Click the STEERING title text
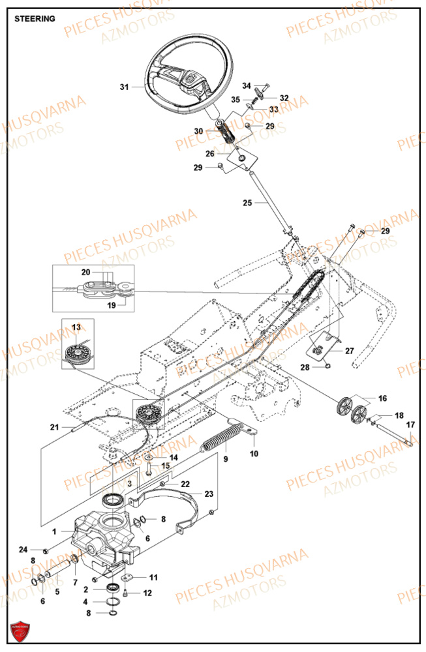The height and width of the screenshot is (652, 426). click(35, 19)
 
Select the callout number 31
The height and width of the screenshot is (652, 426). click(125, 86)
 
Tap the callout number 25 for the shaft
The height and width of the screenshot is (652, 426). click(247, 203)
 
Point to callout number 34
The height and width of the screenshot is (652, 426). click(247, 86)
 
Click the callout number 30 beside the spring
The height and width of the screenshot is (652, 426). click(199, 131)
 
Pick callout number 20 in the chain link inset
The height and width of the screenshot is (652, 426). click(104, 272)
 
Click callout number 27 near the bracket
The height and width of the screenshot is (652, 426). click(350, 351)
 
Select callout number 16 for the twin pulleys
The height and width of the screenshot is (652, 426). click(382, 397)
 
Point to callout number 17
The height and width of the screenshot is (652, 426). click(410, 425)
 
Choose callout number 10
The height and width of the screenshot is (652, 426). click(254, 453)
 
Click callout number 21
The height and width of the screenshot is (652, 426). click(55, 428)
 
